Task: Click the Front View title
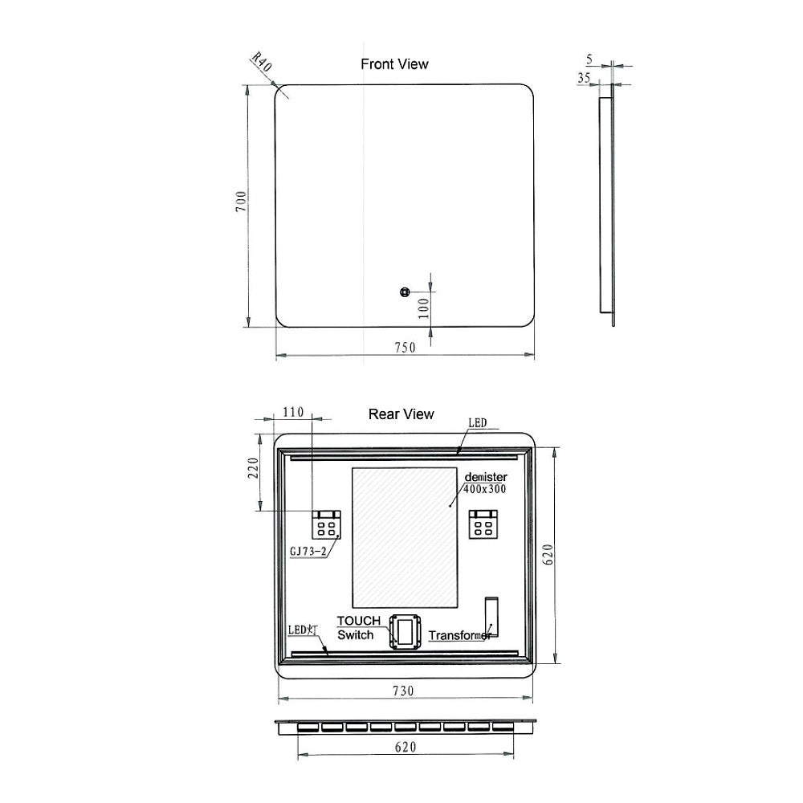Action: tap(394, 64)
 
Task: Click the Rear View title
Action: tap(401, 414)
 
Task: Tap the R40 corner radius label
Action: tap(261, 62)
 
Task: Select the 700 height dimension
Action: tap(241, 202)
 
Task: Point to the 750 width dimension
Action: tap(405, 347)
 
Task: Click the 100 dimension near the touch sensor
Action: tap(423, 308)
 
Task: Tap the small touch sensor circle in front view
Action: tap(405, 292)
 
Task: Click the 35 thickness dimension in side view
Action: tap(584, 78)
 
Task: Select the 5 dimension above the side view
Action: tap(589, 59)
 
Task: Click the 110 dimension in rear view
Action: tap(293, 412)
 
